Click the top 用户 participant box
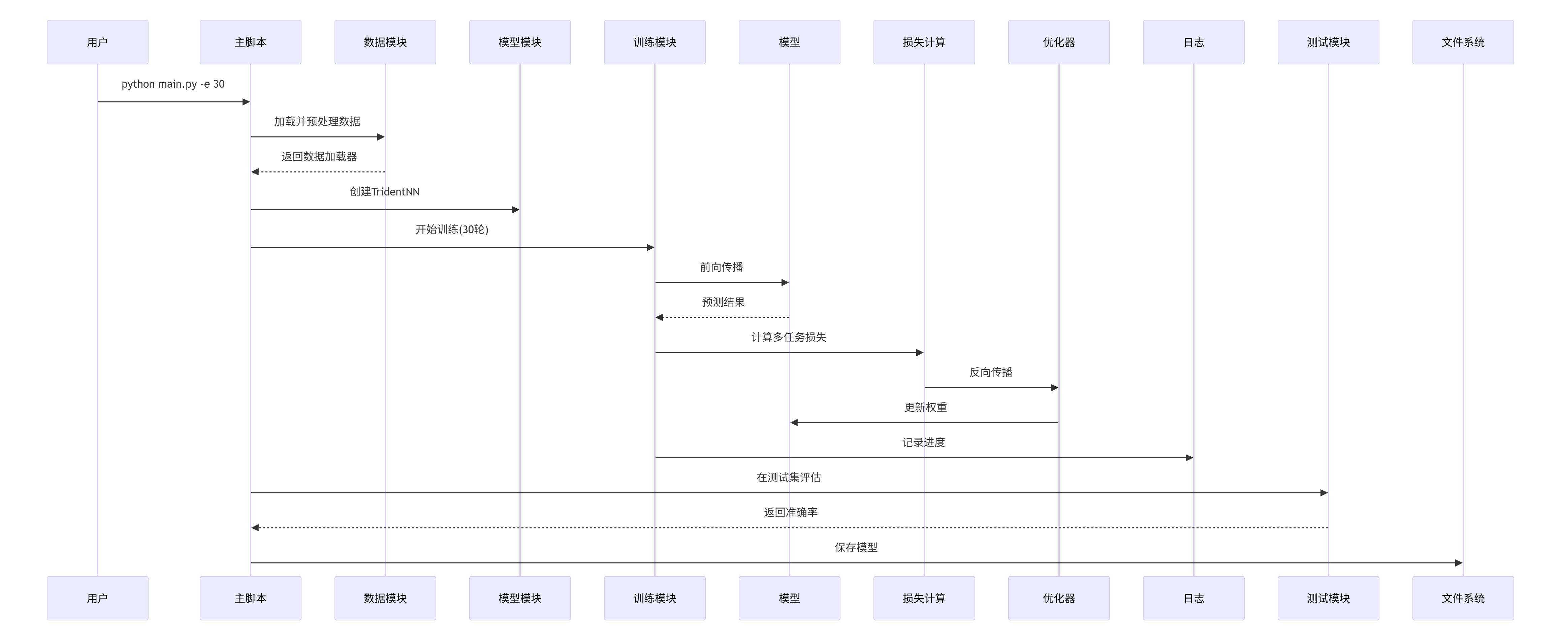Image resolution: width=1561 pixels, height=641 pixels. tap(98, 42)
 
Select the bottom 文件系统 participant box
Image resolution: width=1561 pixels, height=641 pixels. tap(1463, 598)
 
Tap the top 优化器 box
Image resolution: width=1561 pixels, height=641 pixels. tap(1059, 42)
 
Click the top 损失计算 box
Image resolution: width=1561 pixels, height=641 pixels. tap(924, 42)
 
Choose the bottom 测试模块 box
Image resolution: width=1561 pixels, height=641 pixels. tap(1328, 598)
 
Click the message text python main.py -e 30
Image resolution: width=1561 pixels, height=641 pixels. tap(173, 84)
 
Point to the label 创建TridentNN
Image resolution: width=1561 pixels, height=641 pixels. tap(384, 192)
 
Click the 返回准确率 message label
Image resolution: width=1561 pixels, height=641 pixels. tap(790, 513)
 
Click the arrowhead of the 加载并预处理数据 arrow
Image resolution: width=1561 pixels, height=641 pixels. tap(381, 137)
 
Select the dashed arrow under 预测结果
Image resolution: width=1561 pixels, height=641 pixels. tap(722, 317)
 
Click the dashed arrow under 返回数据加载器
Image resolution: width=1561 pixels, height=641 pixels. tap(318, 172)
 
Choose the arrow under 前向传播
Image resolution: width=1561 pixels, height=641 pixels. tap(721, 283)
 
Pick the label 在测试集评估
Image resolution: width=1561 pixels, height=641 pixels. tap(788, 477)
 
